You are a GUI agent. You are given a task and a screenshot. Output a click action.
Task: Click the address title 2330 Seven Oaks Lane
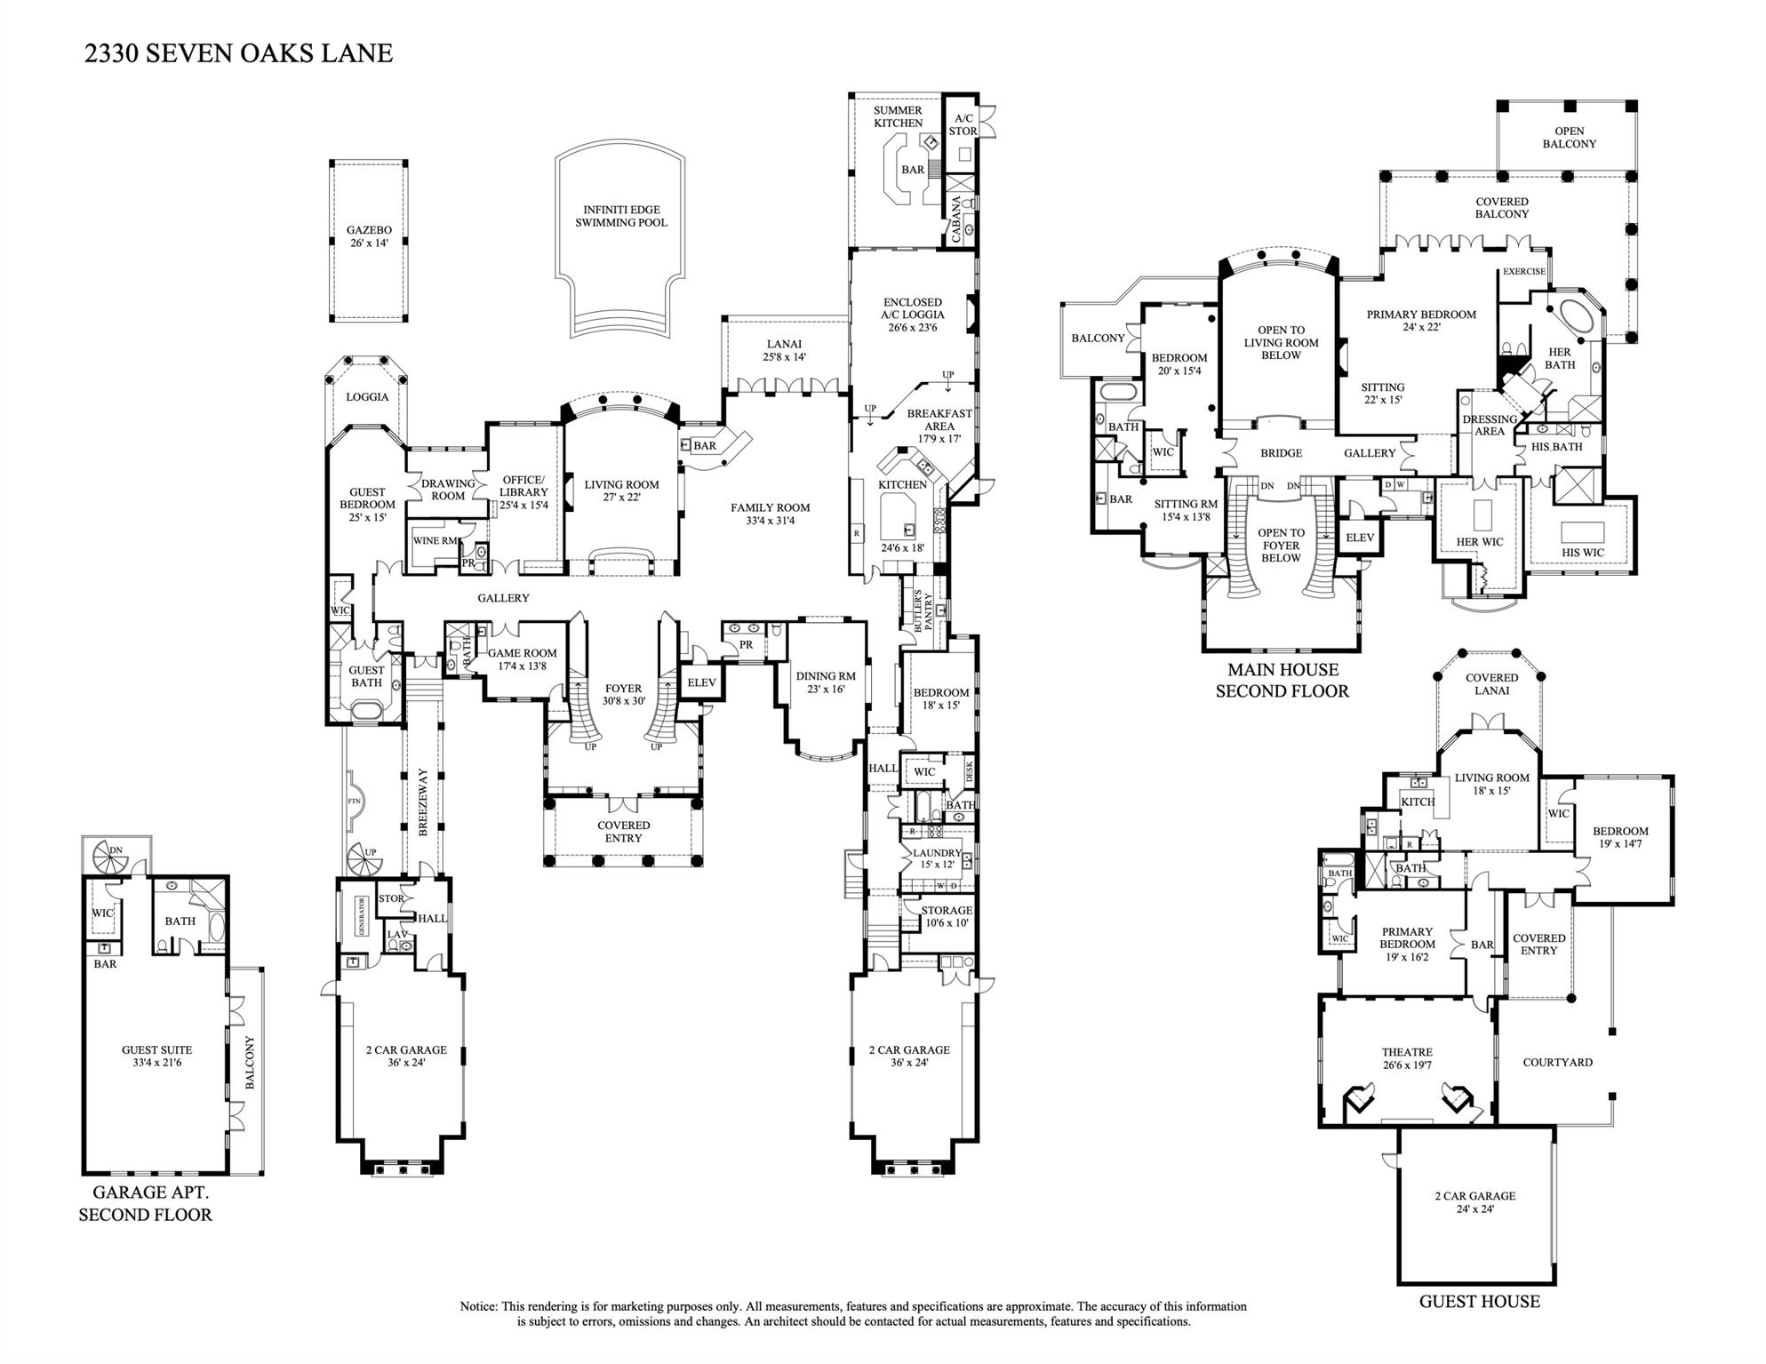pyautogui.click(x=238, y=53)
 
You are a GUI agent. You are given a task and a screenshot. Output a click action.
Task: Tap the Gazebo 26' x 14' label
pyautogui.click(x=369, y=236)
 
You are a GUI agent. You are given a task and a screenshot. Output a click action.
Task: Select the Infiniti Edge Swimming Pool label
pyautogui.click(x=620, y=216)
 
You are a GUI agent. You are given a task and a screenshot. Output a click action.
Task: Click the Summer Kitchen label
pyautogui.click(x=898, y=116)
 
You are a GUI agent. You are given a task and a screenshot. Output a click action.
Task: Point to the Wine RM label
pyautogui.click(x=436, y=540)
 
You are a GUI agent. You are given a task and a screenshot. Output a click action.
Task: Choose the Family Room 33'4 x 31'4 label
pyautogui.click(x=771, y=514)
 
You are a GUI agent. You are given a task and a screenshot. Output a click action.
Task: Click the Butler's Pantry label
pyautogui.click(x=923, y=610)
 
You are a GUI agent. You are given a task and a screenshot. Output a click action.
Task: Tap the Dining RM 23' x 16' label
pyautogui.click(x=826, y=682)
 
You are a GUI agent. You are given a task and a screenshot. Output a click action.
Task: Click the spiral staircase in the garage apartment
pyautogui.click(x=115, y=855)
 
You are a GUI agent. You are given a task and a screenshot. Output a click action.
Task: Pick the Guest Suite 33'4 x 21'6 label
pyautogui.click(x=156, y=1056)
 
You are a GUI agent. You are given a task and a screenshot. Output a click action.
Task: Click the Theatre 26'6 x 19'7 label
pyautogui.click(x=1407, y=1058)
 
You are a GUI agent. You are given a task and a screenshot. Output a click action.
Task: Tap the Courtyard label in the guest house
pyautogui.click(x=1557, y=1062)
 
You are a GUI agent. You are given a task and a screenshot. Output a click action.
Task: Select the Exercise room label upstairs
pyautogui.click(x=1523, y=272)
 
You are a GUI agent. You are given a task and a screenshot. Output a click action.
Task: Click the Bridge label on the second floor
pyautogui.click(x=1281, y=453)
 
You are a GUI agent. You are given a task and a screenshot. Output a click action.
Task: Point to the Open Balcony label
pyautogui.click(x=1569, y=137)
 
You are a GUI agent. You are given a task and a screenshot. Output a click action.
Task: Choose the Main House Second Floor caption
pyautogui.click(x=1282, y=681)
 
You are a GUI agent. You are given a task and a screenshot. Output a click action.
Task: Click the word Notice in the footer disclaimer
pyautogui.click(x=478, y=1306)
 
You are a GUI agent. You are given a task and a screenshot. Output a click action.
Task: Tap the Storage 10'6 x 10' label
pyautogui.click(x=946, y=916)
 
